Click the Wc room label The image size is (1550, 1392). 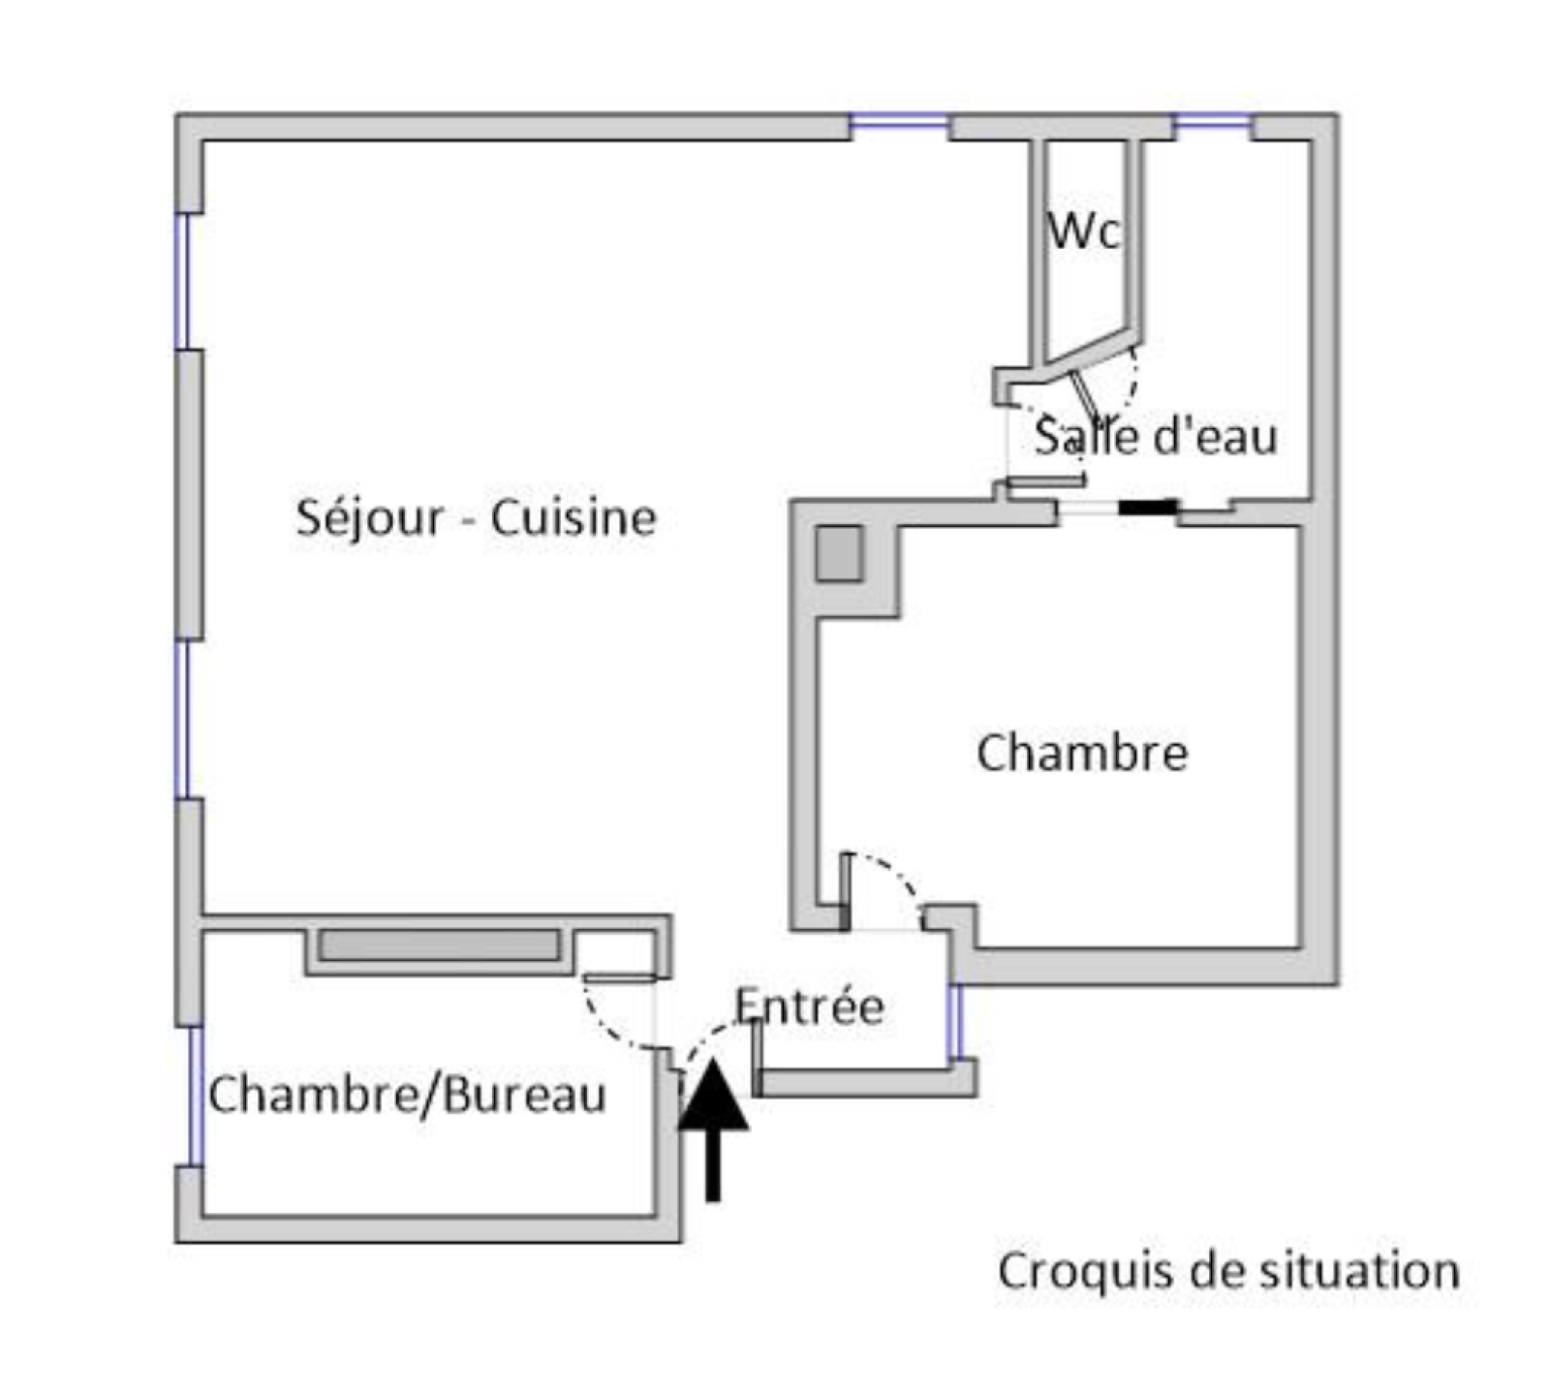1084,230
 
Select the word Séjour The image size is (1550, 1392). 368,518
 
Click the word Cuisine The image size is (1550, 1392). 573,518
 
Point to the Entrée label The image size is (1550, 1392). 809,1006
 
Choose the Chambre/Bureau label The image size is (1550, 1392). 407,1095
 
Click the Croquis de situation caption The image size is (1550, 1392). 1228,1271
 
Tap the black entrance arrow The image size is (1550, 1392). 713,1124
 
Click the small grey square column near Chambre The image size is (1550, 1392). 838,553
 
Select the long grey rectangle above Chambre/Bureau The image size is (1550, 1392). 440,945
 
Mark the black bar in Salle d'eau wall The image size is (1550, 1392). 1148,507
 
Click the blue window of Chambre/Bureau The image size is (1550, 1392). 195,1095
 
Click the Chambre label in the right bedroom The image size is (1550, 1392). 1082,754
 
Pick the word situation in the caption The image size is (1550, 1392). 1359,1271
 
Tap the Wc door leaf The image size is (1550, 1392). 1082,392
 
